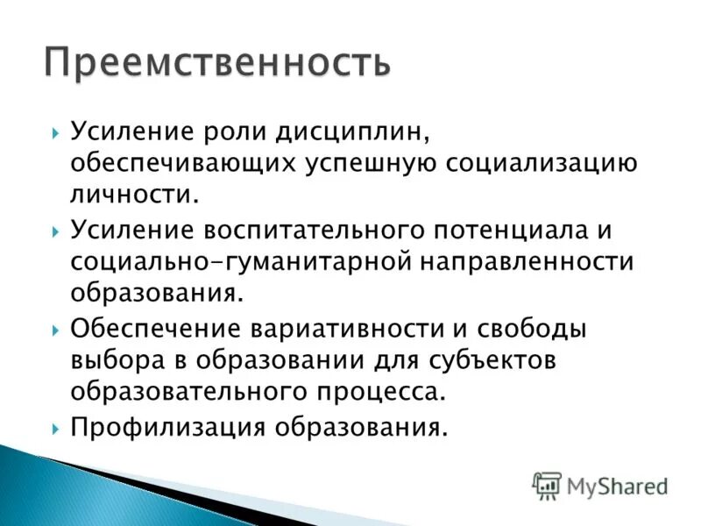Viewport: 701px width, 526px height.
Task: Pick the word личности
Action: (x=136, y=195)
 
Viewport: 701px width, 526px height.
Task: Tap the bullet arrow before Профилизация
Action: (x=55, y=427)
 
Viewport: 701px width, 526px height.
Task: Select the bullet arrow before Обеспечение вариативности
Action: (x=55, y=329)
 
